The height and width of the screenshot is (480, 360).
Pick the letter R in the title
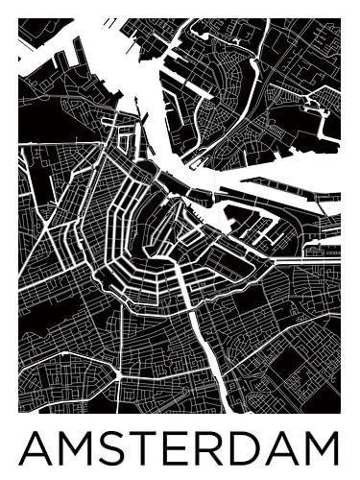point(206,448)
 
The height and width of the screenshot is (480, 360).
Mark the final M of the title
point(322,448)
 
